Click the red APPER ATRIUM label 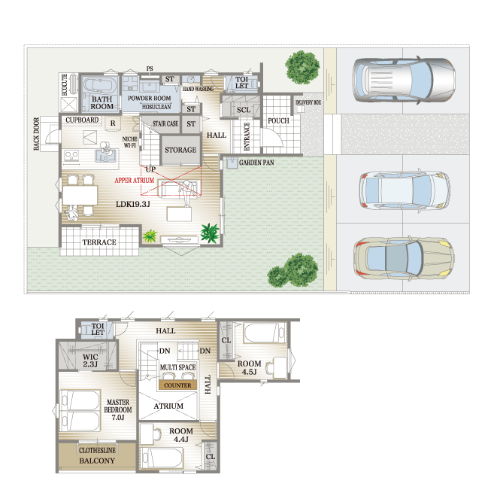135,180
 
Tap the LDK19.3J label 133,204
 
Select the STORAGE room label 180,150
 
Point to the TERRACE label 99,242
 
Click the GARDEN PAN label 256,163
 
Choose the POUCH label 278,120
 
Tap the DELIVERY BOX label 308,102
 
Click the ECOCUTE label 65,84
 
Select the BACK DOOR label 37,133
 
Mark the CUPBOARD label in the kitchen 82,120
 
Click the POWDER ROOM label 149,99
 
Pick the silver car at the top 404,80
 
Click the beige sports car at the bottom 404,257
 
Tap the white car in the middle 405,190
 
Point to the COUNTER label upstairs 177,385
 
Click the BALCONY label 97,461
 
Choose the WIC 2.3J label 90,361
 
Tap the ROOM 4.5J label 249,367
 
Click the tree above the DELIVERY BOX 302,68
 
